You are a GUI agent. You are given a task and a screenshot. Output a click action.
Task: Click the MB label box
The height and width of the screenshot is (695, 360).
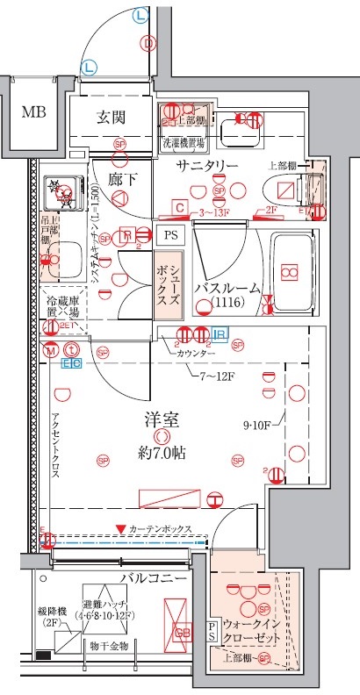(33, 113)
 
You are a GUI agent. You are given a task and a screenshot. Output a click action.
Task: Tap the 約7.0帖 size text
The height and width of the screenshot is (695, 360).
(162, 453)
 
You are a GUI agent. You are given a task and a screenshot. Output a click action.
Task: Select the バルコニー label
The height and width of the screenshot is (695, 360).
(154, 580)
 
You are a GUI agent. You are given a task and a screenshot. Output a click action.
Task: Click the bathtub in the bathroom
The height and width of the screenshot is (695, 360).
(286, 272)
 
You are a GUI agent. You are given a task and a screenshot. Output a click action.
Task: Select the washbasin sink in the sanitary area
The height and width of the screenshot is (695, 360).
(241, 133)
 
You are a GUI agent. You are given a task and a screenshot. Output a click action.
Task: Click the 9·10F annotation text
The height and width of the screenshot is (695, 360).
(259, 427)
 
